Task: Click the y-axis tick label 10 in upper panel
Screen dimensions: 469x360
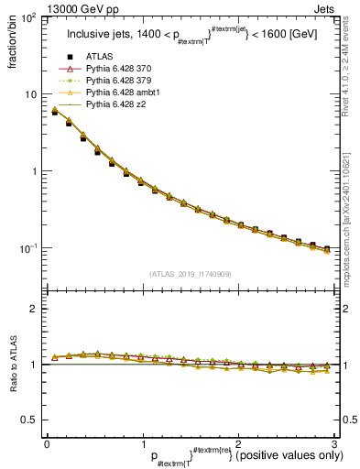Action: pyautogui.click(x=30, y=94)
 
